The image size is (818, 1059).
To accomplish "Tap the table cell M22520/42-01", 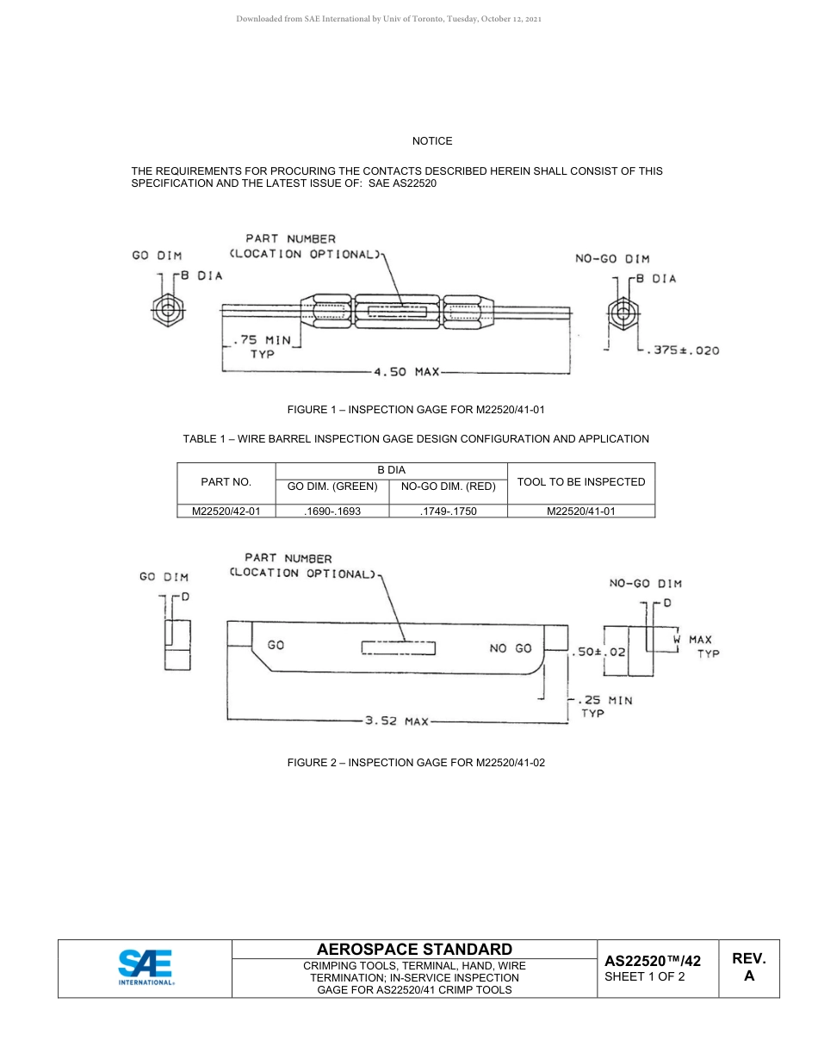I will (226, 511).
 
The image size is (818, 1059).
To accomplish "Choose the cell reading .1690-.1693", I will (332, 511).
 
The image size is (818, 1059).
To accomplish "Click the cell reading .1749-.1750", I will (449, 511).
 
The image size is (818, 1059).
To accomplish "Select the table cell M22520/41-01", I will (581, 511).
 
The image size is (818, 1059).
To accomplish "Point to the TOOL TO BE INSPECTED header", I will (581, 482).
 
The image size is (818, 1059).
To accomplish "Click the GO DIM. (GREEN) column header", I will (332, 486).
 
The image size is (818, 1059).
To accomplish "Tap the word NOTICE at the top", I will (431, 140).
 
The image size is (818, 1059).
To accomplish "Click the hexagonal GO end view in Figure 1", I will (167, 310).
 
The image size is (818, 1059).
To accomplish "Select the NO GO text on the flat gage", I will (511, 648).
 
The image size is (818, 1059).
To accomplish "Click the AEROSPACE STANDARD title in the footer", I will (415, 949).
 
